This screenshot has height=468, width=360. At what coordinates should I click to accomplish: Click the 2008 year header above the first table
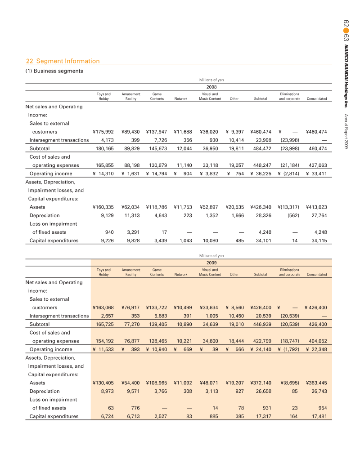(211, 87)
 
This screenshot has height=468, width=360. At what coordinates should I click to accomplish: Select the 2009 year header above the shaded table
(211, 263)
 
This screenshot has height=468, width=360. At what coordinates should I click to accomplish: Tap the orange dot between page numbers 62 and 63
(346, 31)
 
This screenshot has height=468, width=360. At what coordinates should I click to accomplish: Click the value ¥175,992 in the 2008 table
(103, 132)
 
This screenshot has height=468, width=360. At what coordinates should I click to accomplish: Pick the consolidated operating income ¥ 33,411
(316, 174)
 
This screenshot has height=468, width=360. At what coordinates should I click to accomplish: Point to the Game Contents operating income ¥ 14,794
(157, 174)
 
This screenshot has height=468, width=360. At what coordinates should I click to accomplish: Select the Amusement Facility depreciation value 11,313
(132, 215)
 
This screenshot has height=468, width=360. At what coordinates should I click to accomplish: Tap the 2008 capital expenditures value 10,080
(210, 240)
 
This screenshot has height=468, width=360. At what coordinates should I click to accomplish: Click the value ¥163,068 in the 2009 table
(103, 308)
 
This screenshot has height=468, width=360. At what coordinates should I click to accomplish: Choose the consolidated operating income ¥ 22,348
(316, 349)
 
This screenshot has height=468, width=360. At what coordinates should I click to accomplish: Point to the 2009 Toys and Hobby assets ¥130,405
(103, 383)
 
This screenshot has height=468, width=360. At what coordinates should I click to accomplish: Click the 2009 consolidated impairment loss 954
(323, 408)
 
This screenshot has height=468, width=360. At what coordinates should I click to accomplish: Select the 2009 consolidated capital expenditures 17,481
(319, 416)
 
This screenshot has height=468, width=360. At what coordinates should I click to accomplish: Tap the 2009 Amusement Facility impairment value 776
(135, 408)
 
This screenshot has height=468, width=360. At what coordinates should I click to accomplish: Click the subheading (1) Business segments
(54, 71)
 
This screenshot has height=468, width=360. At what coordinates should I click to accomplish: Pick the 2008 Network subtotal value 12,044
(184, 148)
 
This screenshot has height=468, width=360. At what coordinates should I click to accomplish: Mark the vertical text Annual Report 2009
(346, 131)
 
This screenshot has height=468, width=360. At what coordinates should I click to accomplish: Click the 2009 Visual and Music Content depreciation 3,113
(211, 391)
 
